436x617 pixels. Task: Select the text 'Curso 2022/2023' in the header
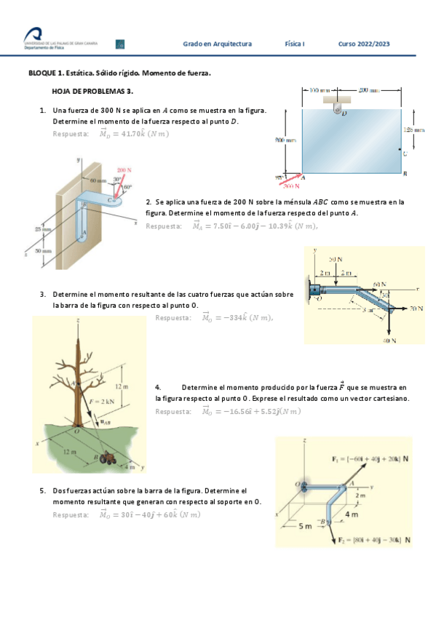(x=363, y=44)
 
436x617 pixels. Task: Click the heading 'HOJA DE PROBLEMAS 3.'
(x=92, y=92)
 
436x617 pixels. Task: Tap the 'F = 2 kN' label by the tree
(x=101, y=401)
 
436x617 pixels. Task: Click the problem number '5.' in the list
(x=43, y=491)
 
